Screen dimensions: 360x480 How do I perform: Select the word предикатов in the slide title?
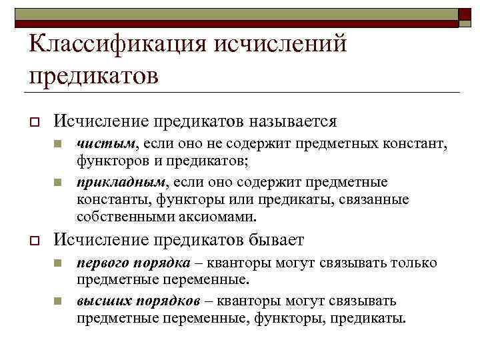(93, 75)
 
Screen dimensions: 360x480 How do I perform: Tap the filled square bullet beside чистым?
(59, 144)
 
